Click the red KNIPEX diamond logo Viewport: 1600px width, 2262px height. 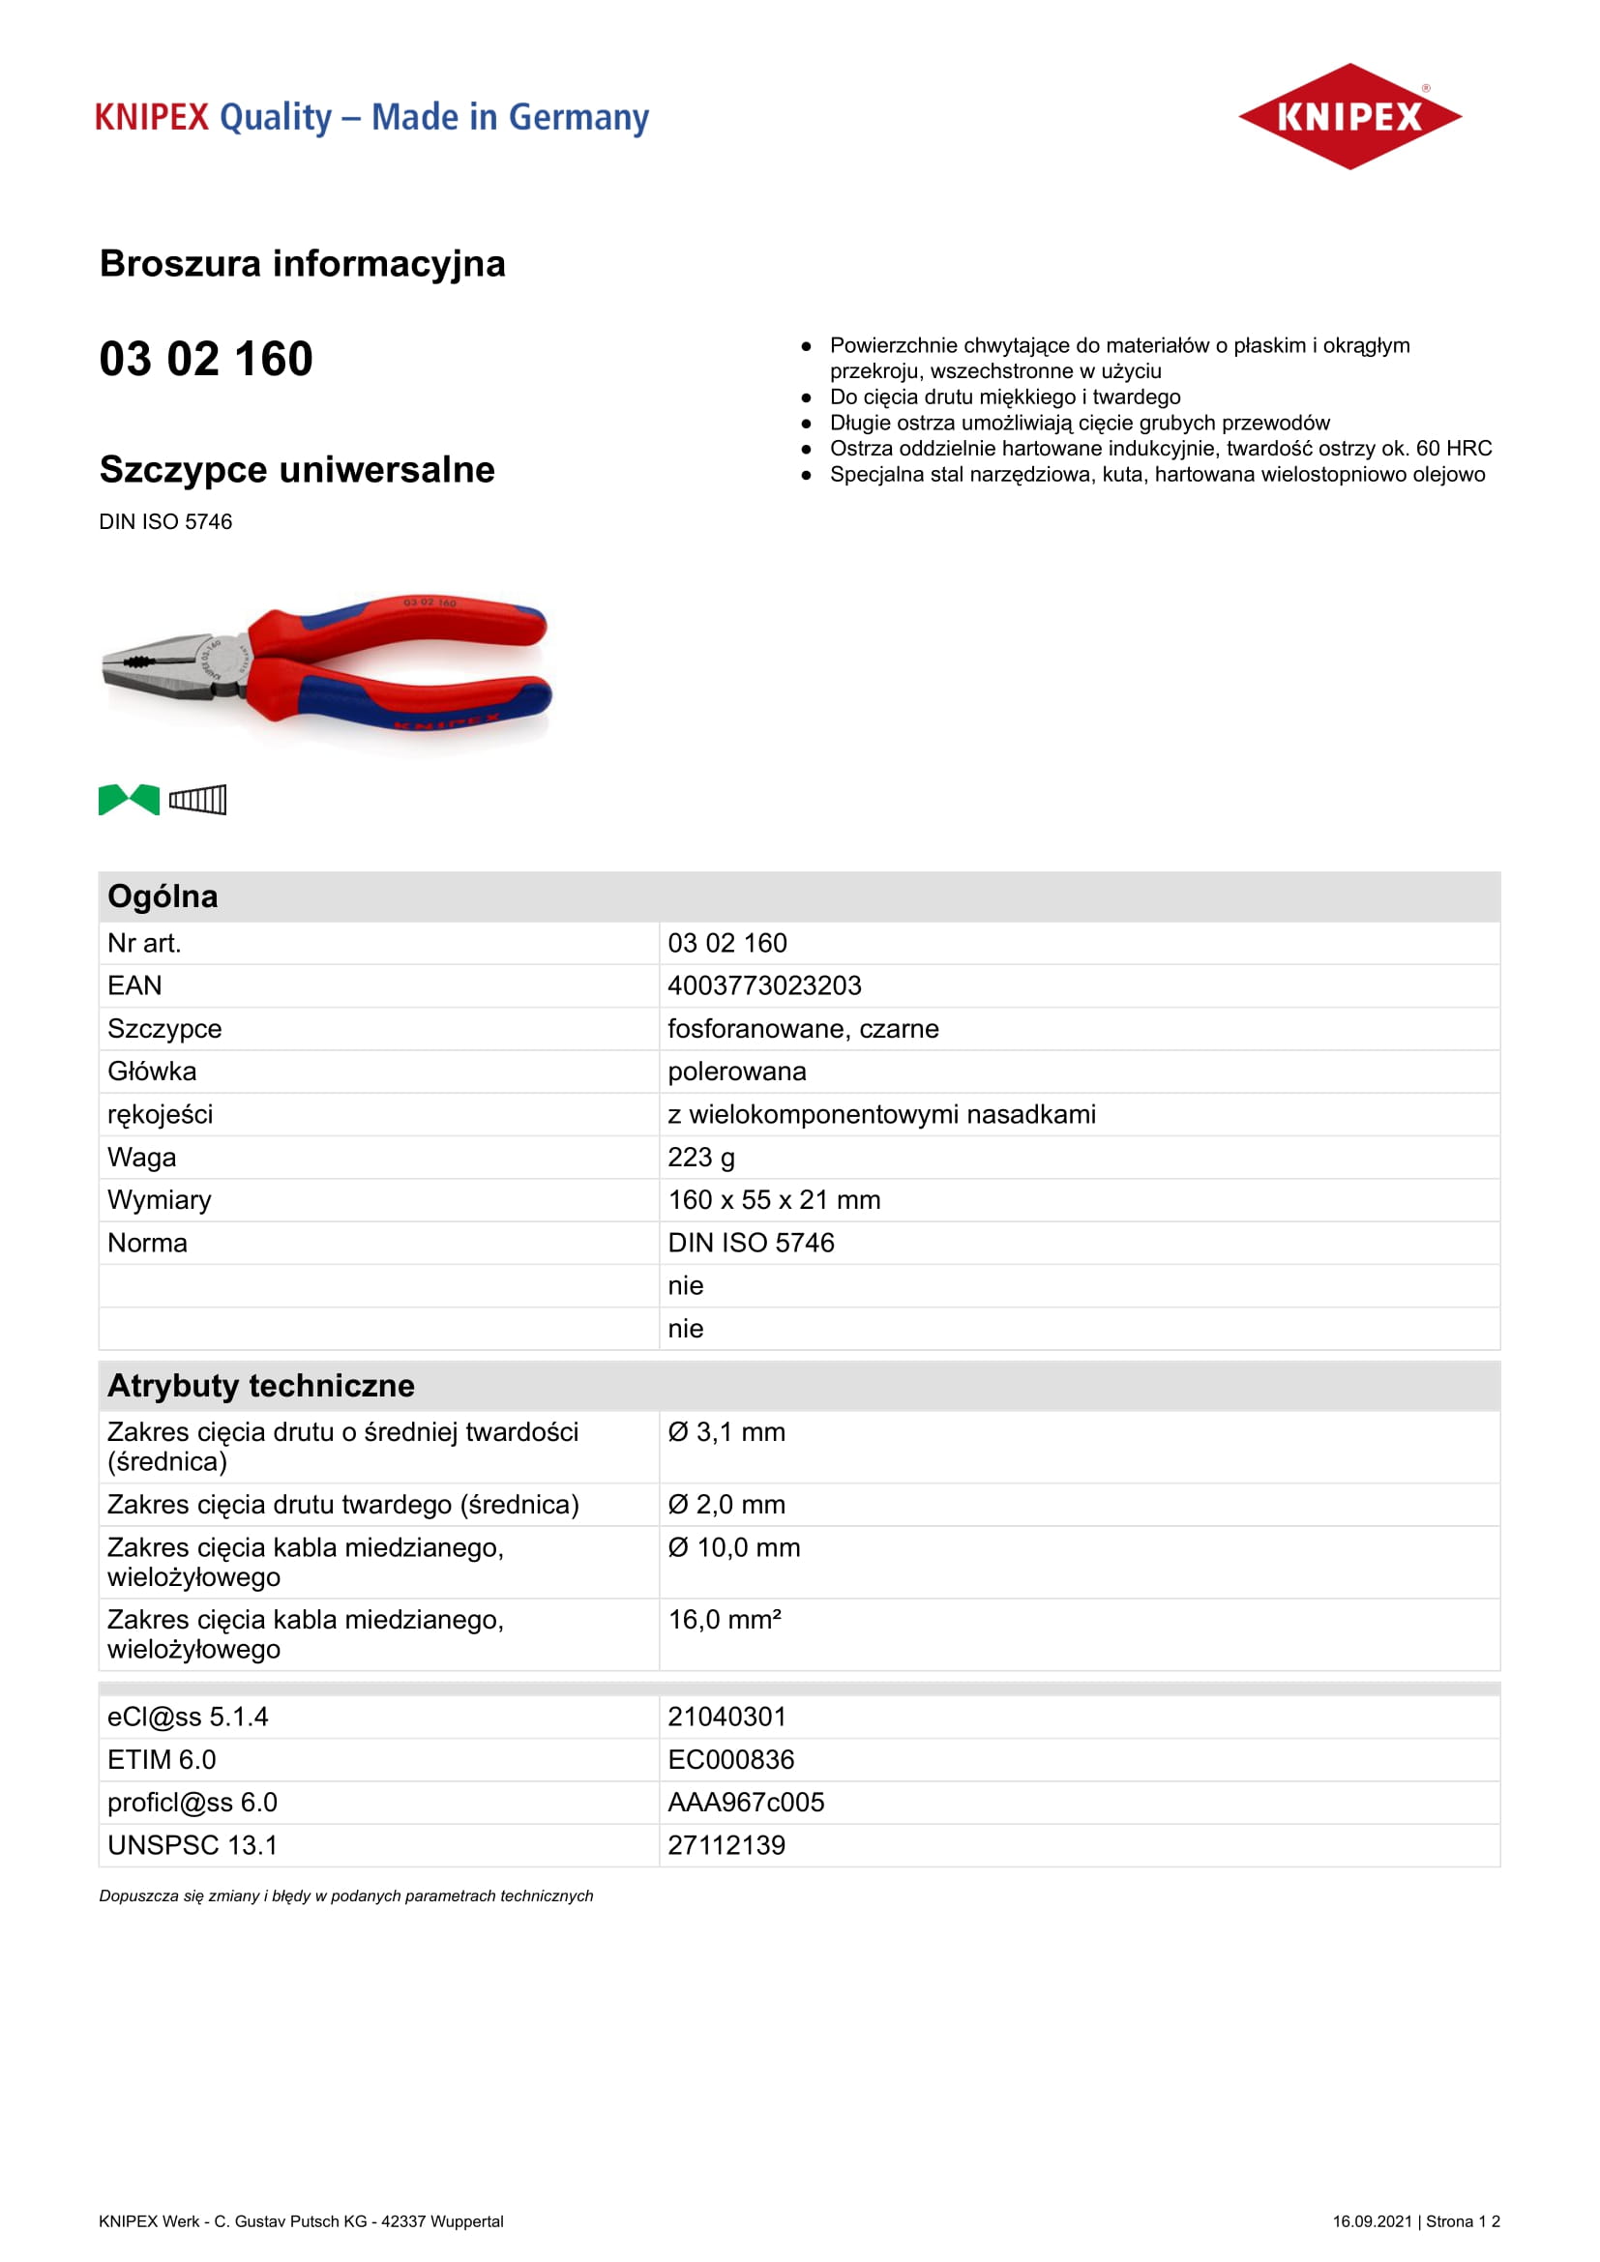tap(1348, 116)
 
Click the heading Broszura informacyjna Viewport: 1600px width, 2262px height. tap(303, 264)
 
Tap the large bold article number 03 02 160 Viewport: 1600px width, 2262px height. tap(206, 359)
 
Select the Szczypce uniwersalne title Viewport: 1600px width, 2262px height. tap(297, 470)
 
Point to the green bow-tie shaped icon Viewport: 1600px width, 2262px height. tap(129, 799)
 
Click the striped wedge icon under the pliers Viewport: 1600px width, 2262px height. tap(198, 799)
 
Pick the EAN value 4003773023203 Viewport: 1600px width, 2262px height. tap(764, 985)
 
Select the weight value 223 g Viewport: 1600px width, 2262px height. tap(701, 1157)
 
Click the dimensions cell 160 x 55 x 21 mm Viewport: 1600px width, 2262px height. tap(775, 1200)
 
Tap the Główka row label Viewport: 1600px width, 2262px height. tap(152, 1071)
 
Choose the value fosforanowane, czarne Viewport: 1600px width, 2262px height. tap(803, 1029)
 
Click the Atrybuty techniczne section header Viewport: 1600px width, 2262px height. tap(261, 1385)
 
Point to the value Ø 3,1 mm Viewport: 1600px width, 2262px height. tap(727, 1432)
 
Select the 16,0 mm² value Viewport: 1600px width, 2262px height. tap(726, 1620)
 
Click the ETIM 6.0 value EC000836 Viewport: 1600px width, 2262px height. tap(731, 1759)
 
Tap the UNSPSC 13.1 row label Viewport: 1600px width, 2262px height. tap(193, 1845)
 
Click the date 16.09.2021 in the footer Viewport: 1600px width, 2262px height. tap(1372, 2221)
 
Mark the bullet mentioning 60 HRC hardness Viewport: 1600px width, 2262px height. tap(1161, 449)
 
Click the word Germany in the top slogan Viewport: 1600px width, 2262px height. tap(578, 117)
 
